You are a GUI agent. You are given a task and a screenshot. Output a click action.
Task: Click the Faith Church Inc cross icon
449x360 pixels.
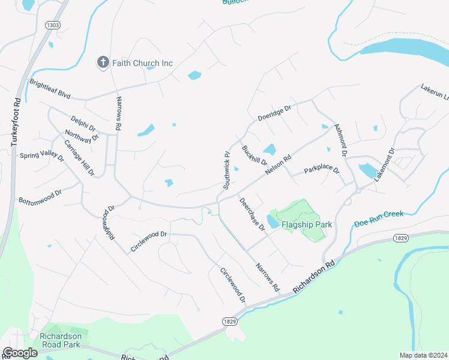tap(103, 62)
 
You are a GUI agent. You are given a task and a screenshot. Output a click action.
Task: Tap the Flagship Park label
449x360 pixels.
tap(307, 224)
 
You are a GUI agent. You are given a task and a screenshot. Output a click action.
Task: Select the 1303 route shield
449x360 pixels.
tap(53, 25)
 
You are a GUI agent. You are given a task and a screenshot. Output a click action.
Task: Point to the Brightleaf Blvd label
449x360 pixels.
tap(50, 89)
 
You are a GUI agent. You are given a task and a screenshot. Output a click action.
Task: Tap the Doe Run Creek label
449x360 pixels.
tap(378, 218)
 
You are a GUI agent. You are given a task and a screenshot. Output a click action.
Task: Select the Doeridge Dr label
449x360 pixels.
tap(274, 113)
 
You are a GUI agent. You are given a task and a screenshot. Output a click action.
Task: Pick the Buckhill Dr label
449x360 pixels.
tap(254, 155)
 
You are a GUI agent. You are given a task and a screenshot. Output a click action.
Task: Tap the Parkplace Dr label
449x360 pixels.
tap(322, 170)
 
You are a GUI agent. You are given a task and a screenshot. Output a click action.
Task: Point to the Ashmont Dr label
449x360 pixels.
tap(340, 140)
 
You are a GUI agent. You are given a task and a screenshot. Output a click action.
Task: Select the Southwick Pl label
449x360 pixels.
tap(227, 170)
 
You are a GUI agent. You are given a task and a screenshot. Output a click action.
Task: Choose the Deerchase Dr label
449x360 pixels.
tap(252, 214)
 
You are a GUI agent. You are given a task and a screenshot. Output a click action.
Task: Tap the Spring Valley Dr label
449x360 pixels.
tap(41, 156)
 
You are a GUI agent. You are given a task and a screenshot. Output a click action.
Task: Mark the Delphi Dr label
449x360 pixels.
tap(83, 123)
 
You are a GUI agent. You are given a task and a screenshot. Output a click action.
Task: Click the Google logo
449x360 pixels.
tap(20, 353)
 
